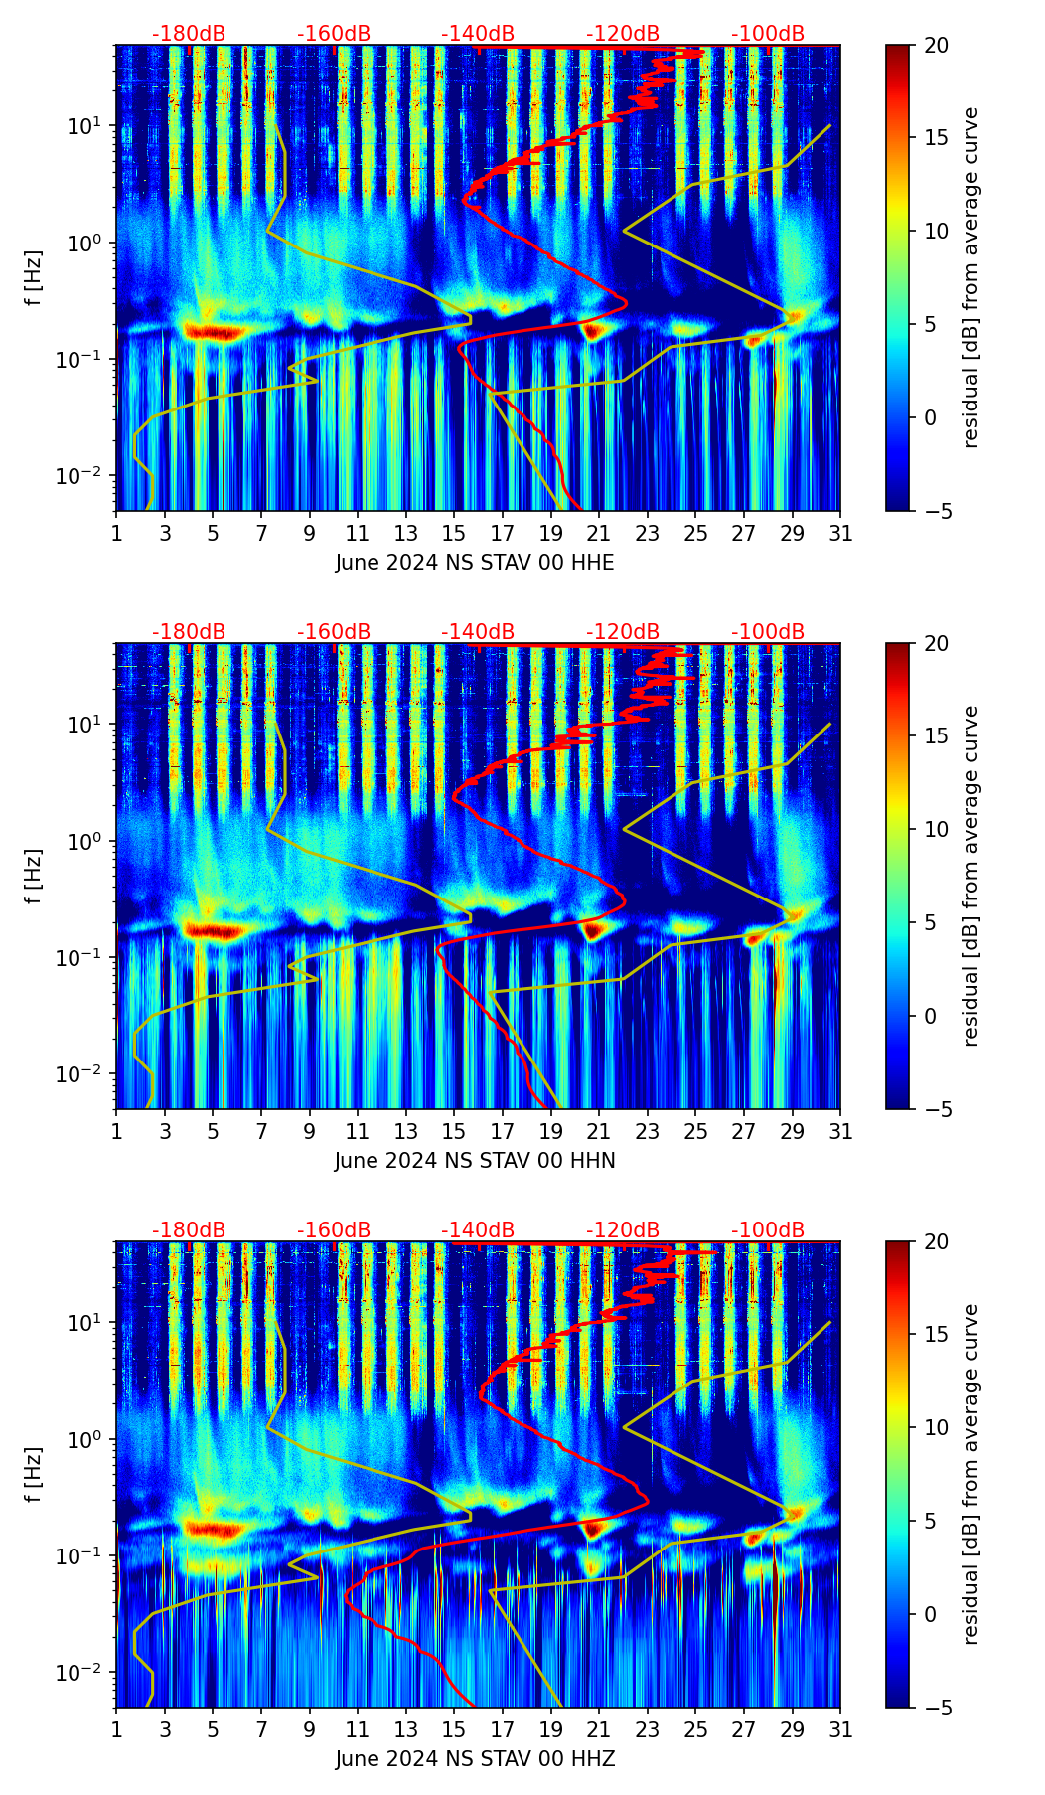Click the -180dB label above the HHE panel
click(189, 34)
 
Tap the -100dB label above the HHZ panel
click(768, 1230)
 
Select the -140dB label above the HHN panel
click(478, 632)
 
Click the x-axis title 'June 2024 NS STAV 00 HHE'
click(475, 563)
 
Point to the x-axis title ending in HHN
click(475, 1161)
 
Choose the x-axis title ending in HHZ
click(475, 1759)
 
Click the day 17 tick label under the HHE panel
click(503, 534)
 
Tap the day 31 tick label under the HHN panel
click(840, 1132)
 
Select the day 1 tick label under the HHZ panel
click(116, 1730)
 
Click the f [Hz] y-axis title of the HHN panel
click(34, 876)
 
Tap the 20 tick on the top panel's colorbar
click(935, 46)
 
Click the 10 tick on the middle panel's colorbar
click(935, 829)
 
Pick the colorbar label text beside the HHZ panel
click(971, 1474)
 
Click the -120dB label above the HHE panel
click(623, 34)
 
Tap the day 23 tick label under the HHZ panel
click(648, 1730)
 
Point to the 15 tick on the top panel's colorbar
click(935, 138)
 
